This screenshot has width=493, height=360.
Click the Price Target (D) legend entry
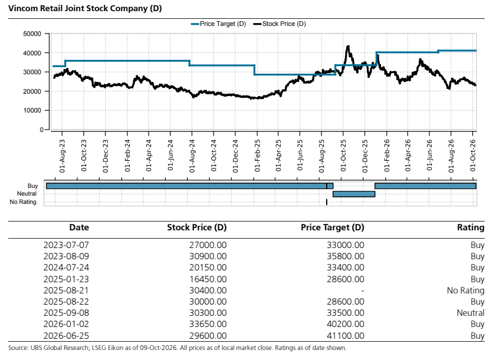(218, 24)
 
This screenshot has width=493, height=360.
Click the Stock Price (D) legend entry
(280, 24)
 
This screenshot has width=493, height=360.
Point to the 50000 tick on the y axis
(32, 34)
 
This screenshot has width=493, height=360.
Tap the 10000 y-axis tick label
(32, 110)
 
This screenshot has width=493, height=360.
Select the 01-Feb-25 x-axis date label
(257, 156)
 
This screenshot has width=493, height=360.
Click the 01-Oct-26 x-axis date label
(473, 156)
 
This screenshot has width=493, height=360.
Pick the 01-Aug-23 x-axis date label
(63, 156)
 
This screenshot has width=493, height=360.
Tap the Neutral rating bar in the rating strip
(354, 194)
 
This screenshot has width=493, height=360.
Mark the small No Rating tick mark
(327, 202)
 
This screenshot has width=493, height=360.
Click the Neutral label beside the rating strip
(27, 194)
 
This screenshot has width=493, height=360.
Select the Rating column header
(471, 227)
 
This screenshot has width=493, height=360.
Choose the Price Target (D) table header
(333, 227)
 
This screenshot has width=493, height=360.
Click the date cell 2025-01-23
(66, 279)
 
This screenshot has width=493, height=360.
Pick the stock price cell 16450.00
(208, 279)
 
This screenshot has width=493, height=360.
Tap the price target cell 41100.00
(345, 335)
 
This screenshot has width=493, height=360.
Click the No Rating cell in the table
(465, 290)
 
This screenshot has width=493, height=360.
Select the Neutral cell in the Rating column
(471, 313)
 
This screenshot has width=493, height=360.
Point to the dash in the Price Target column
(363, 290)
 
